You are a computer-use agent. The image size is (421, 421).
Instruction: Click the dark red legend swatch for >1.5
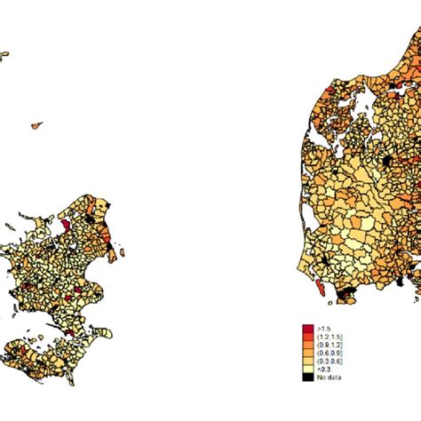[307, 330]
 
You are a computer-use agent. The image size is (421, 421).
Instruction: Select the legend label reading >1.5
[322, 330]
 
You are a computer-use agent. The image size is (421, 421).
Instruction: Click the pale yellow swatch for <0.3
[307, 369]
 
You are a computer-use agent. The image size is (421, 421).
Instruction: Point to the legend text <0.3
[322, 369]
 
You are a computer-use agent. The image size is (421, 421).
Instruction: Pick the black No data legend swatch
[307, 377]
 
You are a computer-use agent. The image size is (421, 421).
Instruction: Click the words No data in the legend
[328, 377]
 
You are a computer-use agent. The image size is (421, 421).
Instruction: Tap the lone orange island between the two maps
[36, 126]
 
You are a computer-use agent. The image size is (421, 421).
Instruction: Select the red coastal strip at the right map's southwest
[318, 282]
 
